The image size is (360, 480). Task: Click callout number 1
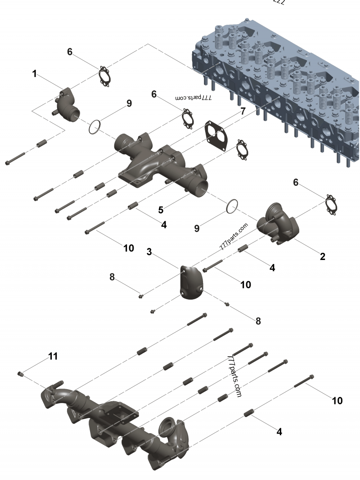(35, 74)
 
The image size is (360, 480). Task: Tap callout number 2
(322, 257)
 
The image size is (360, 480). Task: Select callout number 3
(149, 251)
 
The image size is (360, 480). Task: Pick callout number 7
(243, 111)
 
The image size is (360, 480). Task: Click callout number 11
(53, 356)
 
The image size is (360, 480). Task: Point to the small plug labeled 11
(20, 374)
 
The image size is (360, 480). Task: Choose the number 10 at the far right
(337, 400)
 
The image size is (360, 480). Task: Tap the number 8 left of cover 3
(112, 277)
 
